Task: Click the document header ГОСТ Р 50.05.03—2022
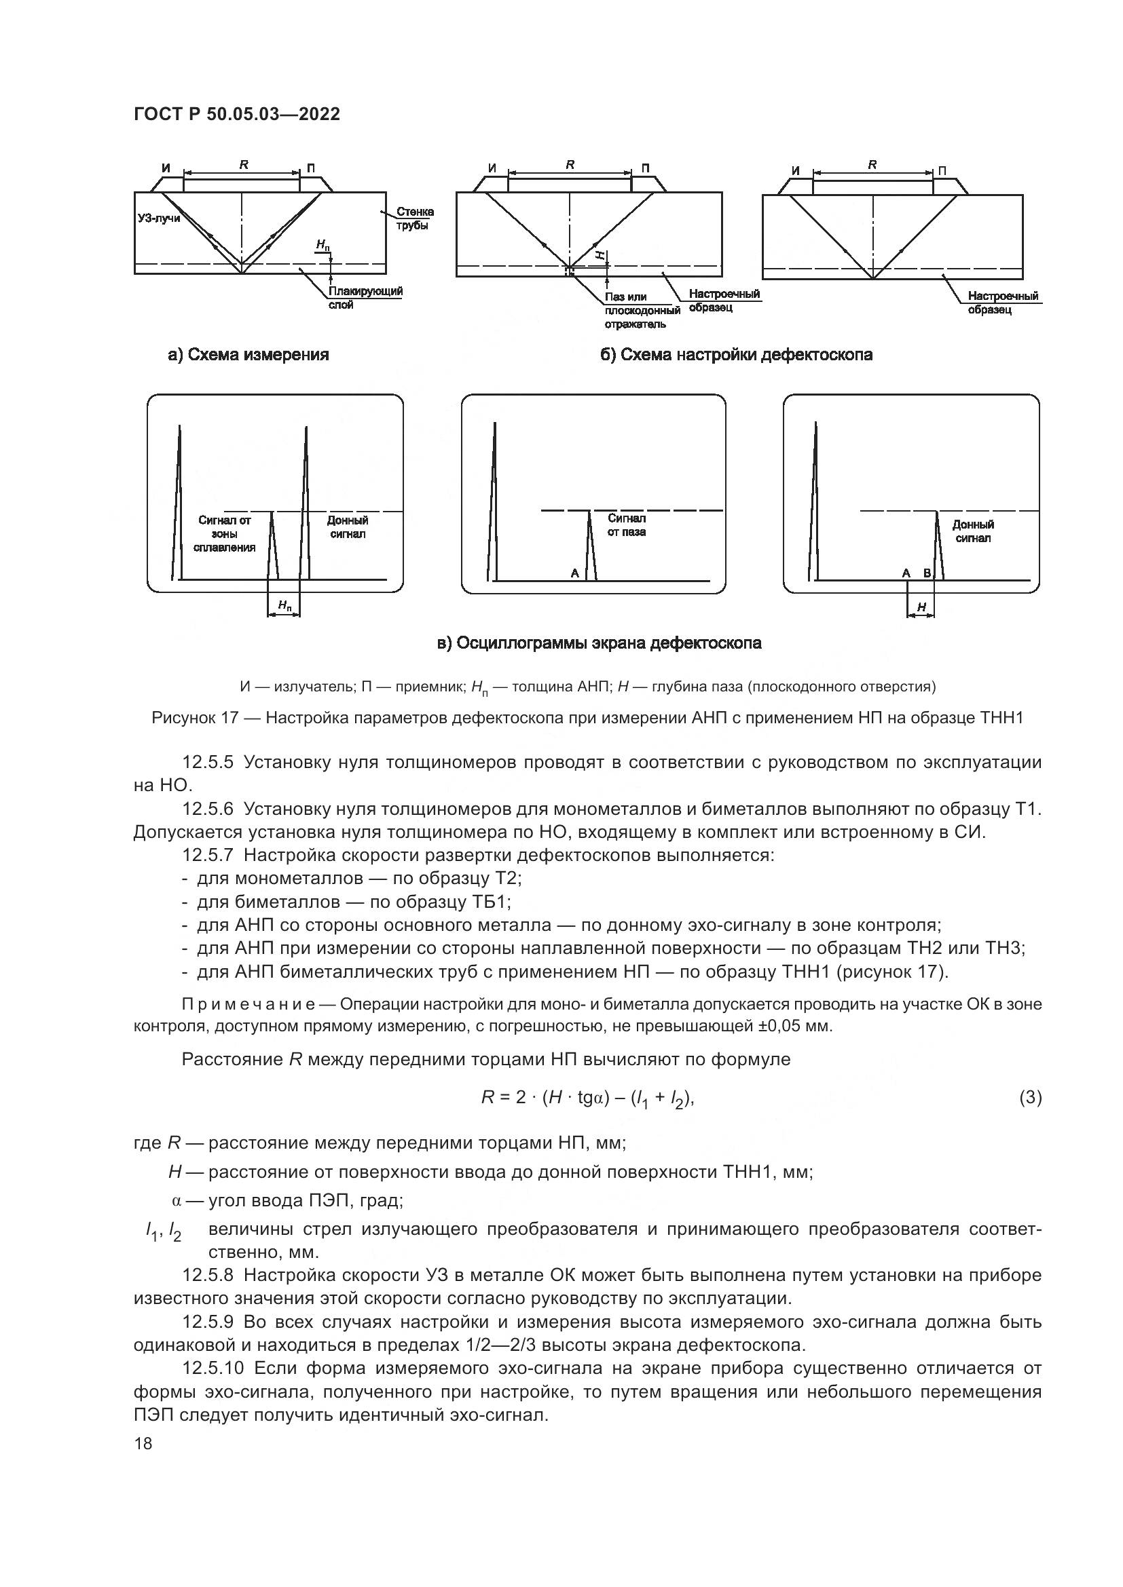pyautogui.click(x=236, y=114)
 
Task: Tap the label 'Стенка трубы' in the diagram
pyautogui.click(x=415, y=218)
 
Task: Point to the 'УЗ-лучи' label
pyautogui.click(x=158, y=218)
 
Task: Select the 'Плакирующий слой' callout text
pyautogui.click(x=366, y=298)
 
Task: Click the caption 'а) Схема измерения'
pyautogui.click(x=248, y=355)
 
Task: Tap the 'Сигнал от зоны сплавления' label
pyautogui.click(x=225, y=533)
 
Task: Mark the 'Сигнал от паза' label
pyautogui.click(x=627, y=525)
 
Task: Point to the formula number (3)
pyautogui.click(x=1031, y=1097)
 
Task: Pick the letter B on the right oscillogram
pyautogui.click(x=927, y=573)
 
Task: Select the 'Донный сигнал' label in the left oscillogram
pyautogui.click(x=347, y=527)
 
